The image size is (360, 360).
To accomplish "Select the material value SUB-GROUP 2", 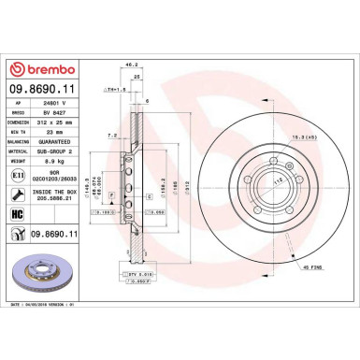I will (x=68, y=151).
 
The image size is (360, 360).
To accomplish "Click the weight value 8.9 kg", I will (x=62, y=161).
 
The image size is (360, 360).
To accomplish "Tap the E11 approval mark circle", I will (x=19, y=175).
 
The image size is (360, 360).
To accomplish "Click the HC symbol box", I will (x=19, y=214).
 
